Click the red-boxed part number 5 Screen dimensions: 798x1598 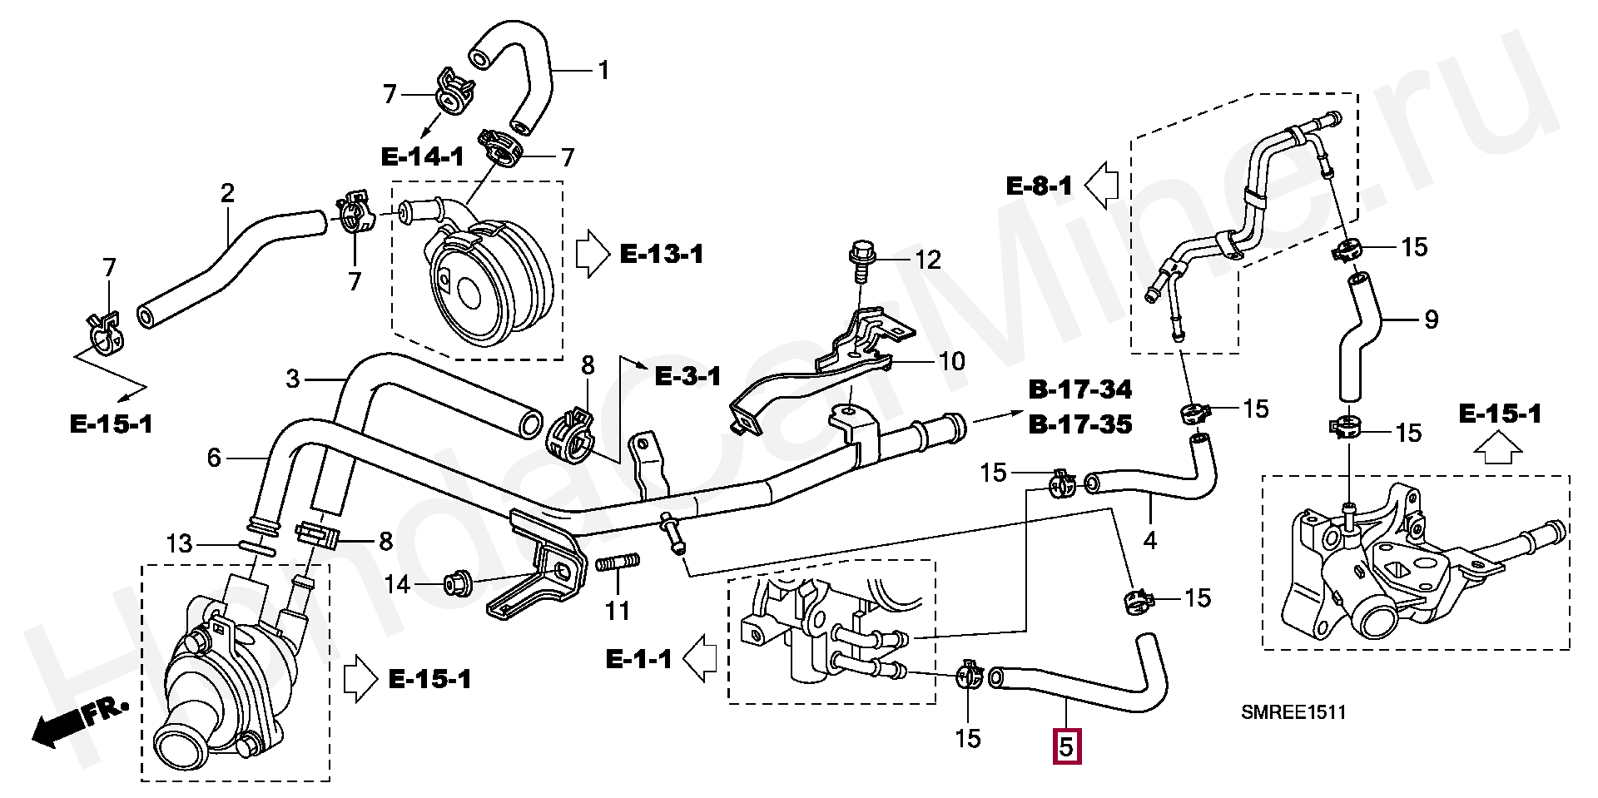pyautogui.click(x=1067, y=746)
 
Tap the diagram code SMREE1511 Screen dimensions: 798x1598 pyautogui.click(x=1293, y=712)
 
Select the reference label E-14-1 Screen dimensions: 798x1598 pyautogui.click(x=423, y=156)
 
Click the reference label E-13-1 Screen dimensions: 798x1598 pyautogui.click(x=662, y=254)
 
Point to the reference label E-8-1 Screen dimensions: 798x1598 pyautogui.click(x=1040, y=185)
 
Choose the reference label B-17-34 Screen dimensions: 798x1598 pyautogui.click(x=1080, y=389)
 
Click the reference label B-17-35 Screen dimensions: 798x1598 pyautogui.click(x=1080, y=424)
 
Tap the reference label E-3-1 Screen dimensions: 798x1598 pyautogui.click(x=687, y=376)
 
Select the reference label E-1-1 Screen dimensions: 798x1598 pyautogui.click(x=638, y=660)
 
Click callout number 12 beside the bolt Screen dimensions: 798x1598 pyautogui.click(x=927, y=260)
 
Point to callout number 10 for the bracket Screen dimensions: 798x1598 pyautogui.click(x=951, y=361)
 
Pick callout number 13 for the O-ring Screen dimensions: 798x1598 pyautogui.click(x=179, y=544)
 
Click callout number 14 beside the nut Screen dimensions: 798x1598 pyautogui.click(x=398, y=585)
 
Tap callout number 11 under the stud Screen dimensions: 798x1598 pyautogui.click(x=617, y=612)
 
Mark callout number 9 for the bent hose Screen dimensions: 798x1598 pyautogui.click(x=1431, y=319)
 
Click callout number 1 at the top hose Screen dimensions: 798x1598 pyautogui.click(x=603, y=70)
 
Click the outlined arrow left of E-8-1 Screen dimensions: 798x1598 pyautogui.click(x=1103, y=186)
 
